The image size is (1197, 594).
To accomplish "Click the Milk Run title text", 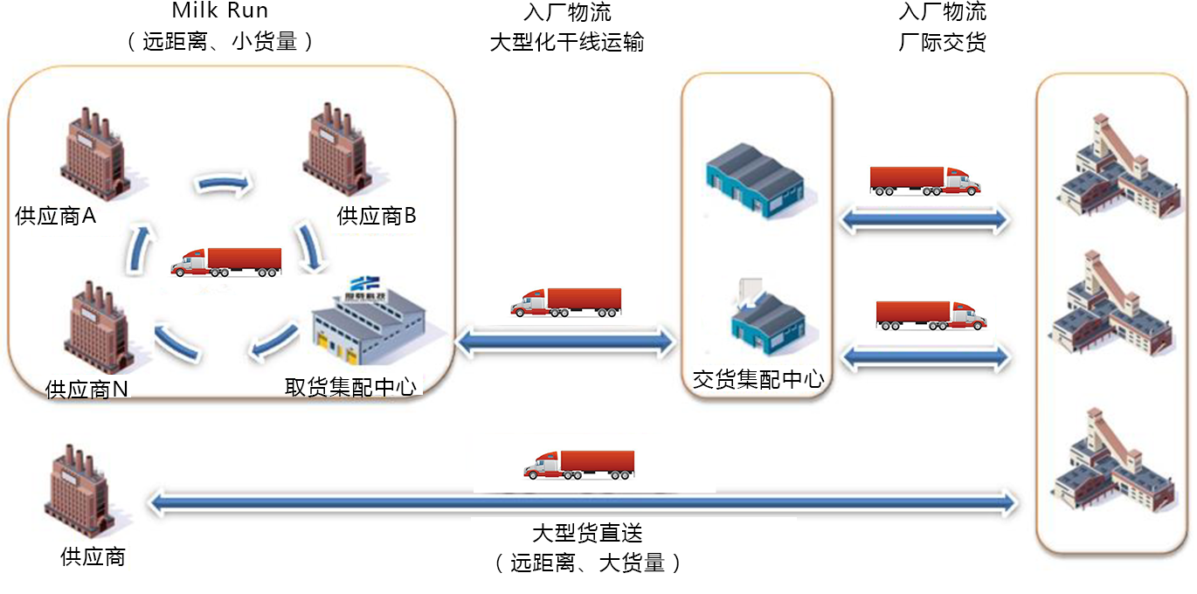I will click(219, 12).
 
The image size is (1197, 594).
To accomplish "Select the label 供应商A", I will click(55, 216).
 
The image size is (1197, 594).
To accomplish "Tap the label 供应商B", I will click(377, 216).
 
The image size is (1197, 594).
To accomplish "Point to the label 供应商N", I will click(86, 390).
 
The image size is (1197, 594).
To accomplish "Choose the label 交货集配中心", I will click(758, 379).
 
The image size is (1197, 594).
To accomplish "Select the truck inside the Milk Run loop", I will click(227, 262).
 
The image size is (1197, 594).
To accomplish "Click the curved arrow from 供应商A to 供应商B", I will click(223, 183).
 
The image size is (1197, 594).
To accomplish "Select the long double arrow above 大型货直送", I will click(583, 502).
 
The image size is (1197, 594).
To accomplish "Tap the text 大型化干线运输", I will click(567, 41).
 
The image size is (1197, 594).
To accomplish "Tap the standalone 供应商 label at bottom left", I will click(93, 556).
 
